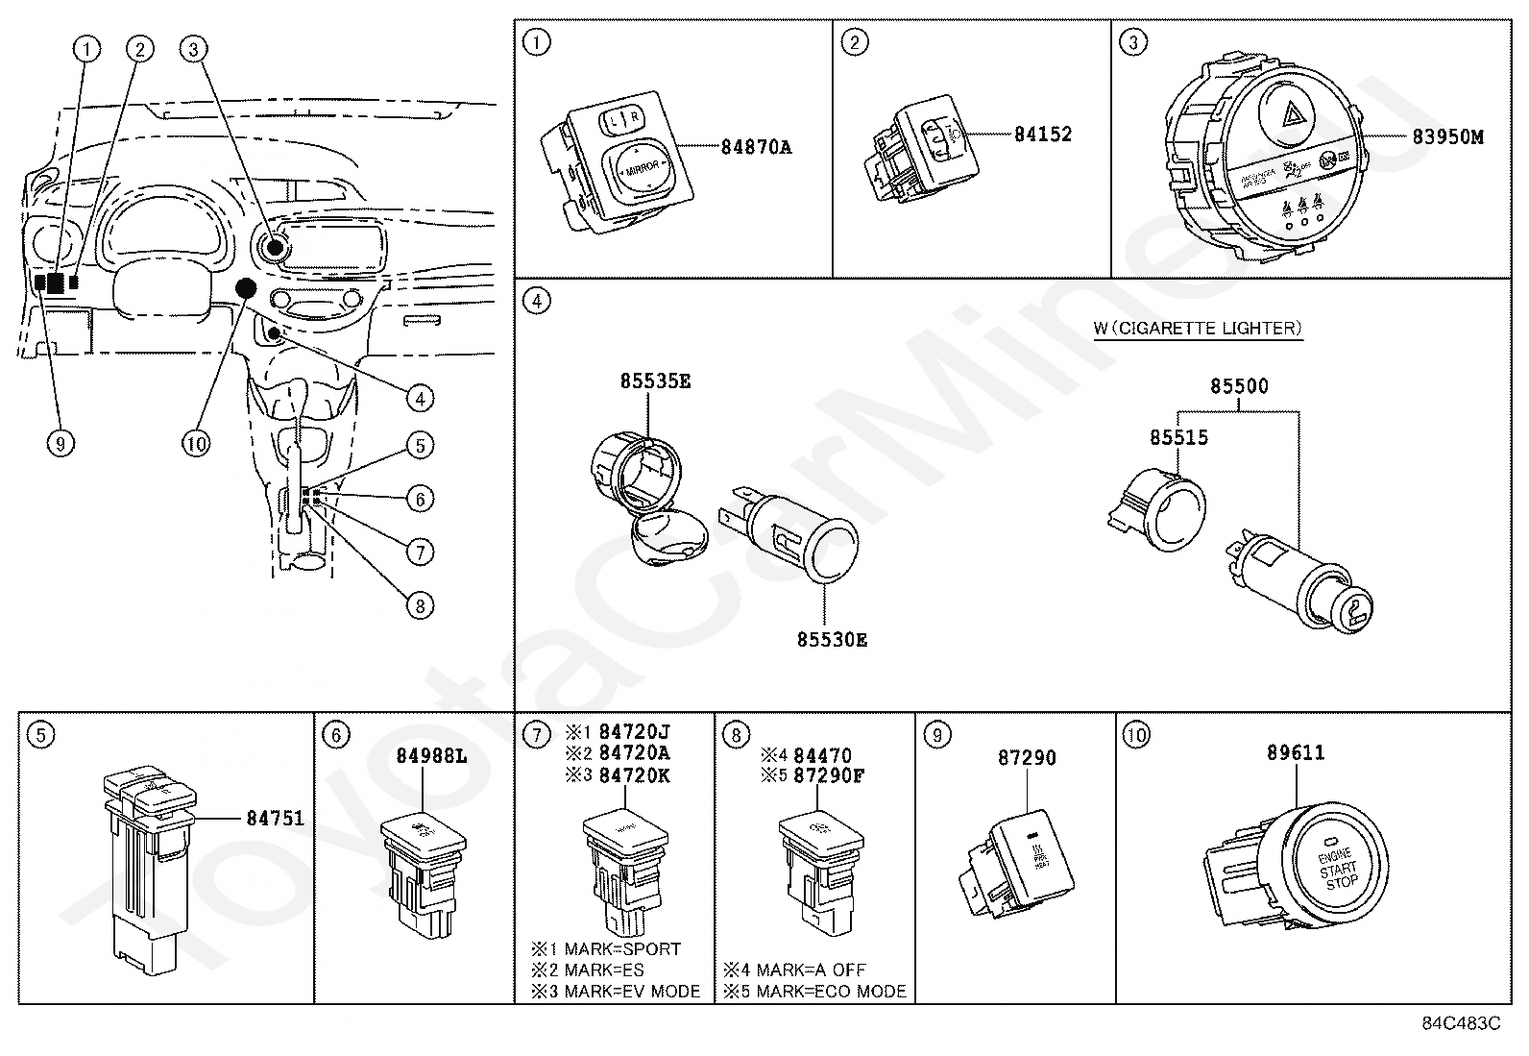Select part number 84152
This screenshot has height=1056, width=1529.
[x=1042, y=135]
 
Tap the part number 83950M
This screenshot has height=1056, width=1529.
[x=1447, y=136]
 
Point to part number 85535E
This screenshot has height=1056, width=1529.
[x=655, y=381]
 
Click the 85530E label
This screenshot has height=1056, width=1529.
[x=831, y=639]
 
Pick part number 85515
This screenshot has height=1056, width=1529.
[x=1178, y=438]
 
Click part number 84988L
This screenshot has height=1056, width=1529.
[x=431, y=756]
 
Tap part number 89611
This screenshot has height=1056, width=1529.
[x=1295, y=752]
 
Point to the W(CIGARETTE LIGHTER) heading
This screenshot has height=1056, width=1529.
[x=1198, y=329]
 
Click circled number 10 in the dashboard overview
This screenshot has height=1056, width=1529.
[x=196, y=443]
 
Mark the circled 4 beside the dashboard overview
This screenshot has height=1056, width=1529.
[x=419, y=398]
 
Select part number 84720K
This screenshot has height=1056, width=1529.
[x=634, y=775]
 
